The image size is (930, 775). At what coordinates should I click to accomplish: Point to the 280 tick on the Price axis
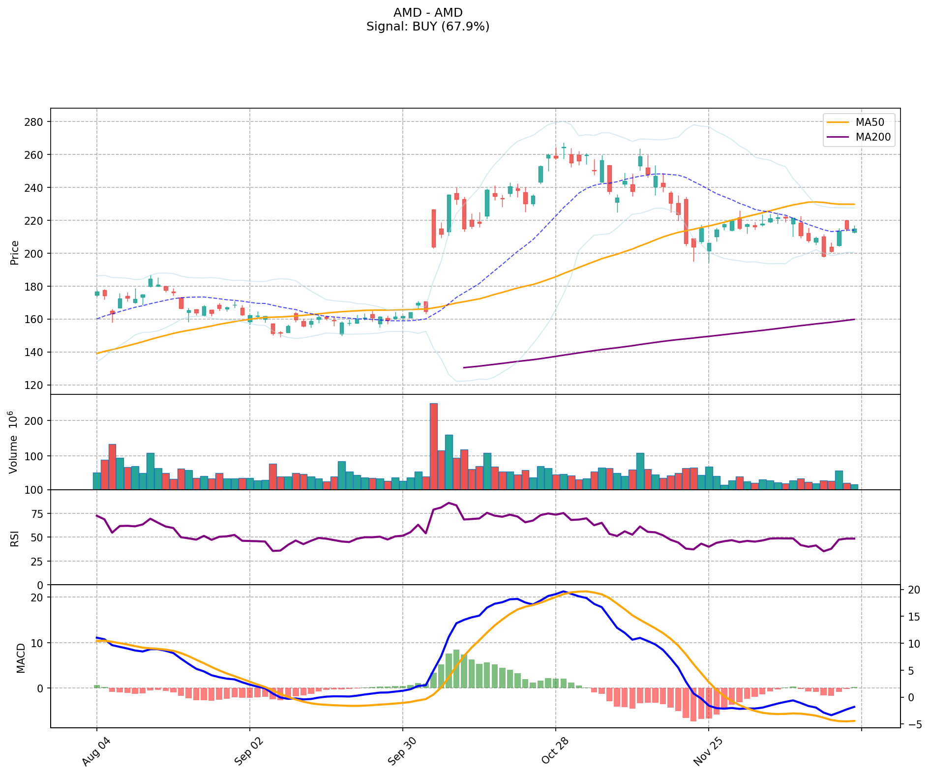36,122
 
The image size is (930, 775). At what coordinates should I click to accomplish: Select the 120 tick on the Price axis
36,385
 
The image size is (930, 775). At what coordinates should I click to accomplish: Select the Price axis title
15,253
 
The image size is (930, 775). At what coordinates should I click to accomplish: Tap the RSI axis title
15,538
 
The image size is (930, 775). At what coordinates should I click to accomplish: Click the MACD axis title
21,658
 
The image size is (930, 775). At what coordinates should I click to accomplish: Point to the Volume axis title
14,442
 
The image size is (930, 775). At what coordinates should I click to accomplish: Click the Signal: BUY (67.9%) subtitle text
428,27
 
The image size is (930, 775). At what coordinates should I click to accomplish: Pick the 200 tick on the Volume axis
36,421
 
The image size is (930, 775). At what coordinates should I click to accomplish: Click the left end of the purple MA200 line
464,367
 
